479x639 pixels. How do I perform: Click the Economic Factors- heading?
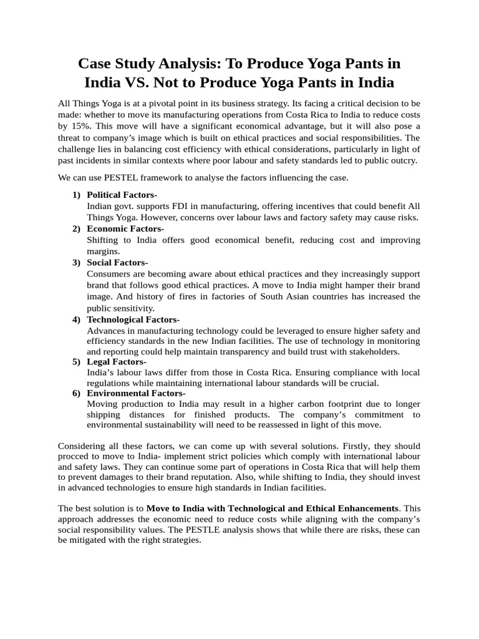click(x=125, y=228)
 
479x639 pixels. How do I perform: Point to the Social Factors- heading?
click(x=117, y=262)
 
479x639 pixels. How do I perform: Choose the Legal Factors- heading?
click(x=117, y=361)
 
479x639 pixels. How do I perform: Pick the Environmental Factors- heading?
click(x=136, y=393)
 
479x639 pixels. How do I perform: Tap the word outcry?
click(x=402, y=160)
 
